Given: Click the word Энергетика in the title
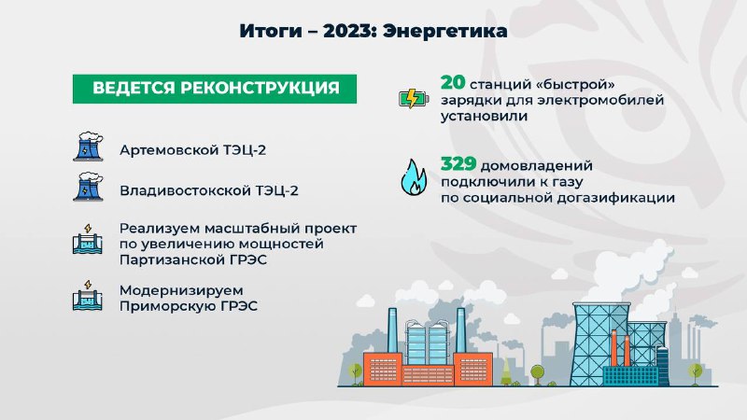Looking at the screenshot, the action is [445, 32].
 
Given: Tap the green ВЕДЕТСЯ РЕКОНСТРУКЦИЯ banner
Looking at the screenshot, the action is [215, 89].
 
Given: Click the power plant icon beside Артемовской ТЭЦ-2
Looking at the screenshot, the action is [88, 147].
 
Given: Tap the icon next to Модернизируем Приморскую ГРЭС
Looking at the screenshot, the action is [88, 295].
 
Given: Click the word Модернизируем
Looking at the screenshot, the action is [181, 290].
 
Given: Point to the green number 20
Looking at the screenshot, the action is [453, 82].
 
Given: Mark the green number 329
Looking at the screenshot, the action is [458, 164].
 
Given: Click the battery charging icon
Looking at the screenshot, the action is [414, 99].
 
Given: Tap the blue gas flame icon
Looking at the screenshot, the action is [414, 177].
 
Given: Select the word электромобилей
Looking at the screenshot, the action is [600, 101].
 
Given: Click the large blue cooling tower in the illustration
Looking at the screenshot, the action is [601, 343].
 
